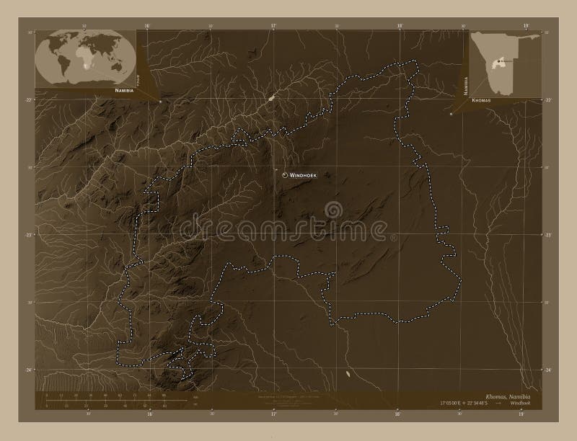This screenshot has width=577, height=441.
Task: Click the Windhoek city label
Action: tap(304, 175)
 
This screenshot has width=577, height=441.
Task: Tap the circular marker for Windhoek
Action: tap(286, 175)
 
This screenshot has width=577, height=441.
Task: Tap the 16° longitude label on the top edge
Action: tap(147, 26)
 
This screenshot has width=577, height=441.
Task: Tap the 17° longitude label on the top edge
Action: tap(273, 26)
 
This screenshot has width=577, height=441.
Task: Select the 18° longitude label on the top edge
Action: tap(400, 26)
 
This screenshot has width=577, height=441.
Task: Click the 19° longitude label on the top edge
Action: tap(526, 26)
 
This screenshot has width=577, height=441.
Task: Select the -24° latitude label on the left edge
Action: tap(30, 370)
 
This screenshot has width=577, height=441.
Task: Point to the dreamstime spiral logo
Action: tap(334, 210)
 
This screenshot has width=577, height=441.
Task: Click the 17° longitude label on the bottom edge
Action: tap(273, 414)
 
